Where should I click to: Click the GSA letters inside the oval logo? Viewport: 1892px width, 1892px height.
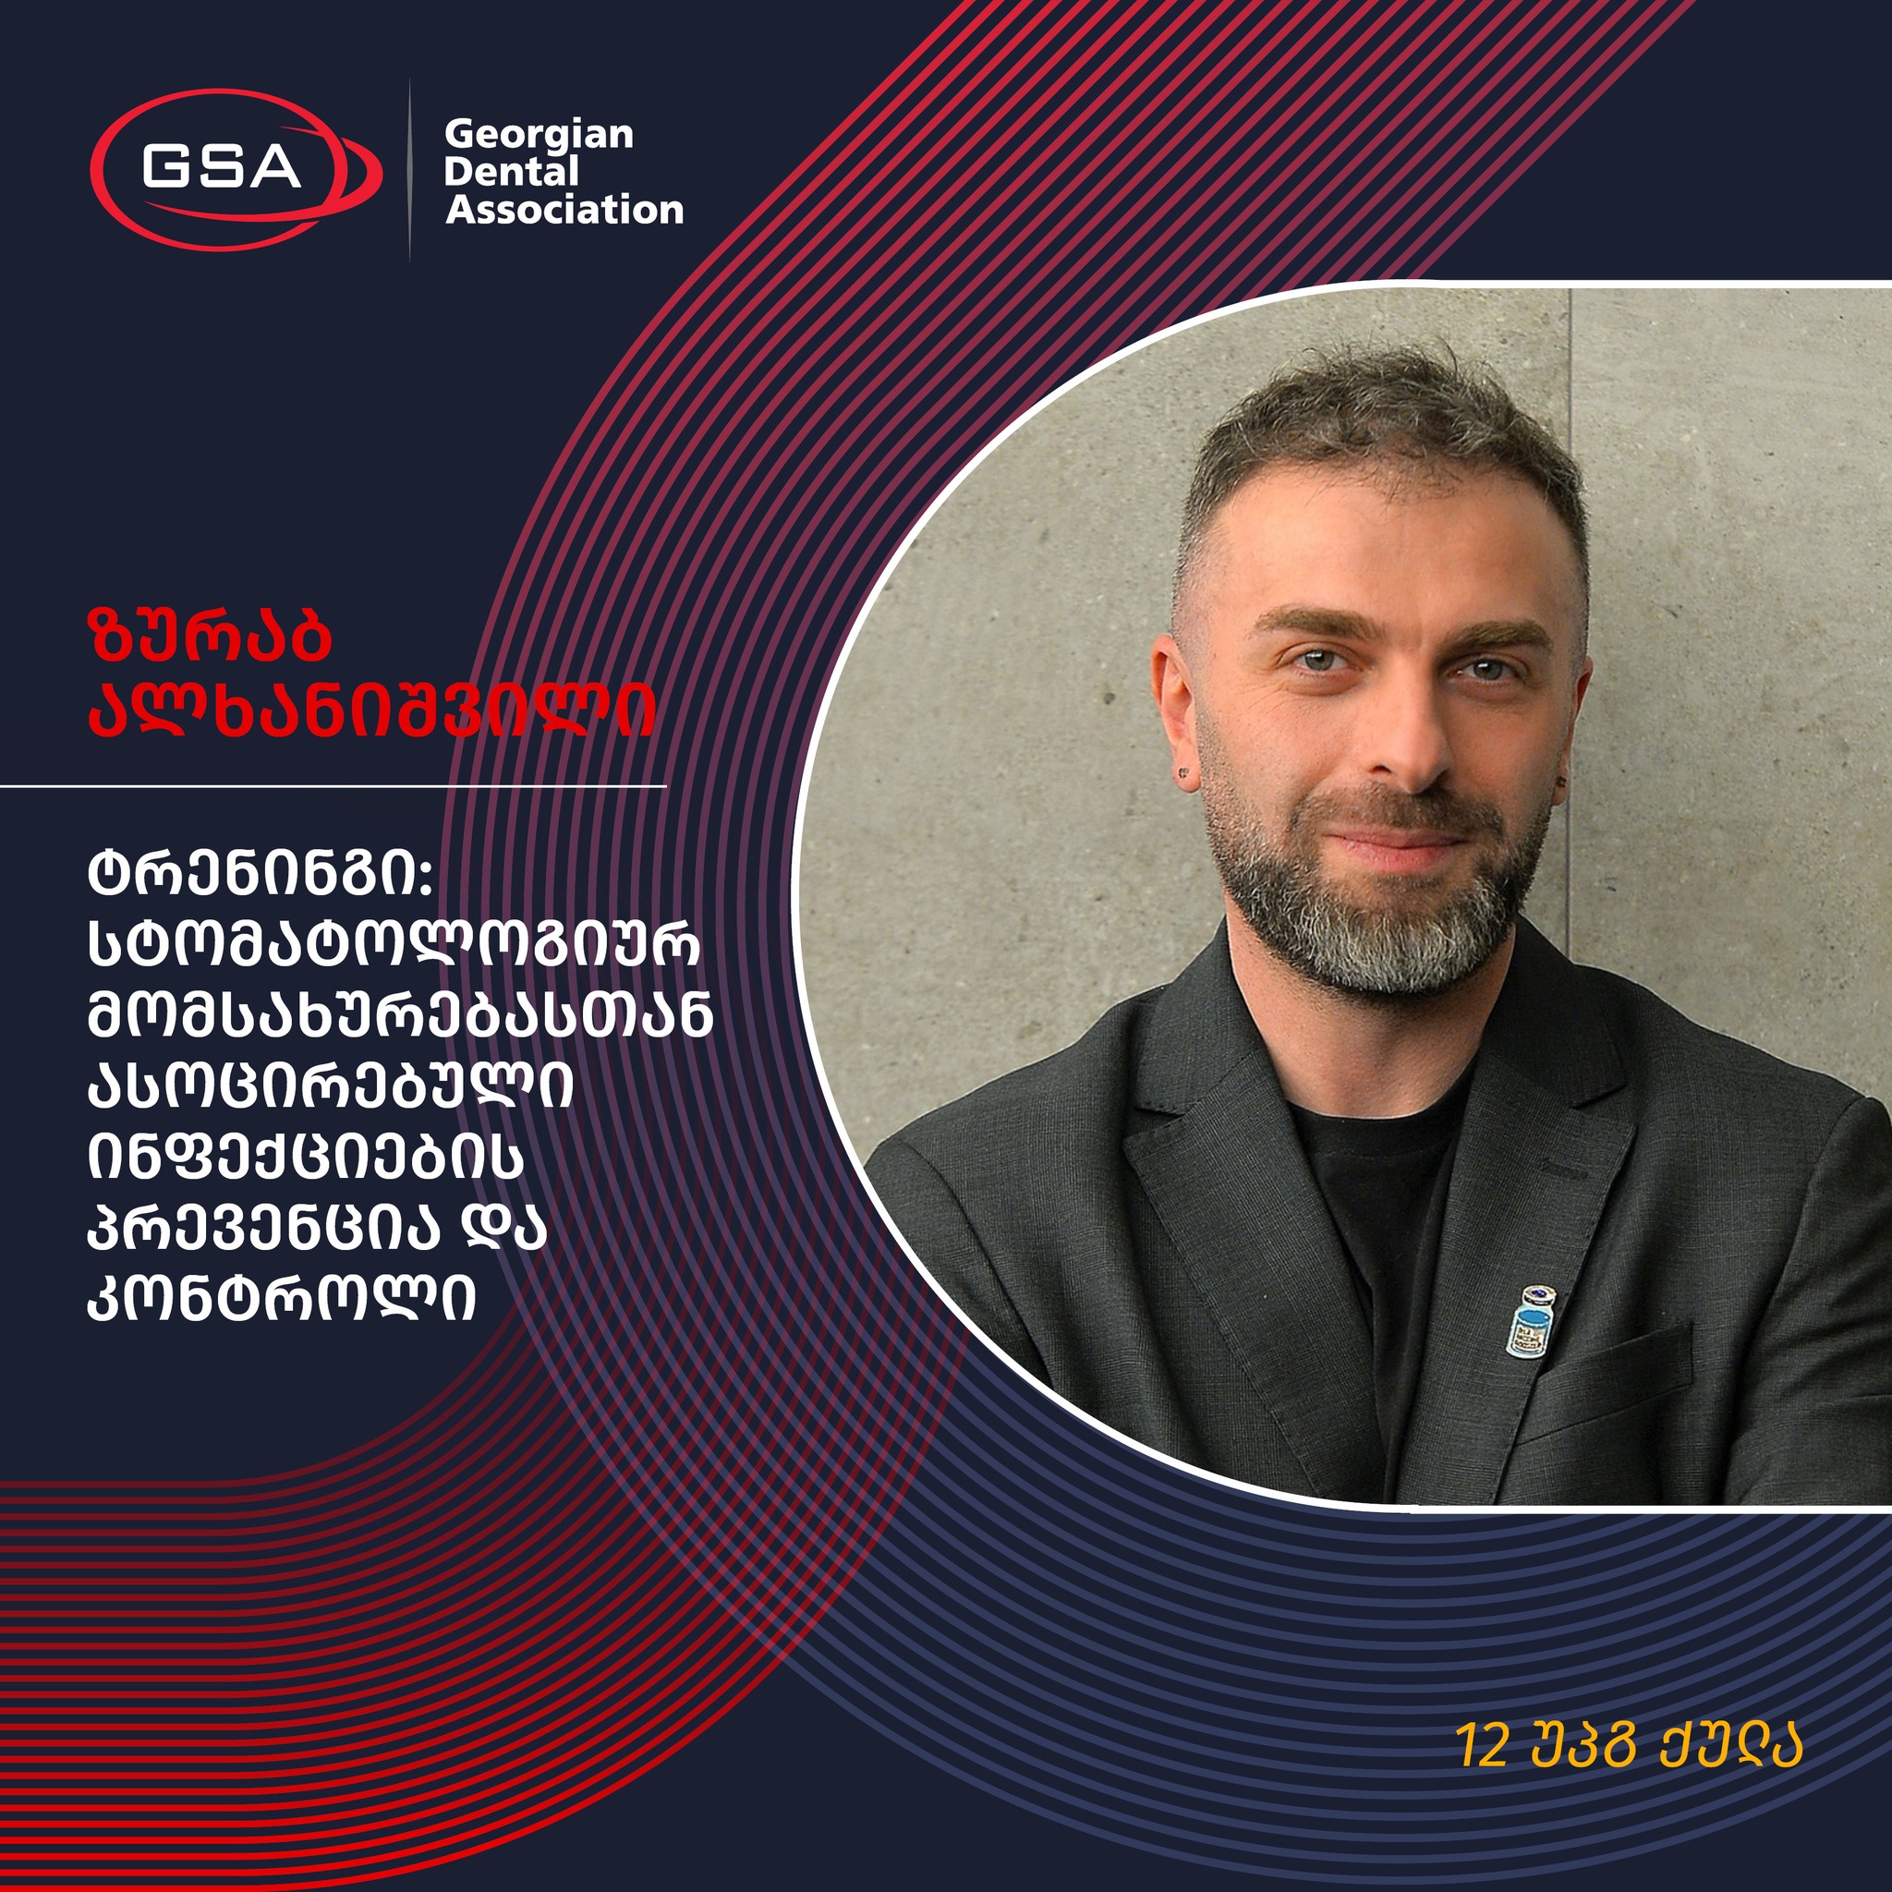[222, 166]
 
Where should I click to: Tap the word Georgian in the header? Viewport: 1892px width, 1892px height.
[539, 135]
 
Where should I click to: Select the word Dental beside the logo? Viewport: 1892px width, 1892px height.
[511, 173]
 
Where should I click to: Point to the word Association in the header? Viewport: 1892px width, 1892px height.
[565, 210]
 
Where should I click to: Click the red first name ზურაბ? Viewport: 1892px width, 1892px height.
[210, 637]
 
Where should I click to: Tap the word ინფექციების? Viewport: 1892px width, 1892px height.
[307, 1158]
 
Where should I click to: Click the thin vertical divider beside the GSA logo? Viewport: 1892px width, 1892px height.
[409, 170]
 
